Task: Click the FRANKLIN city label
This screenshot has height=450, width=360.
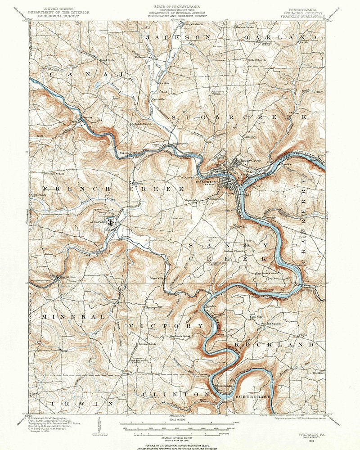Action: click(x=206, y=182)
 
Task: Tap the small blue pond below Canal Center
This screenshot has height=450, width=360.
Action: click(x=98, y=84)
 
